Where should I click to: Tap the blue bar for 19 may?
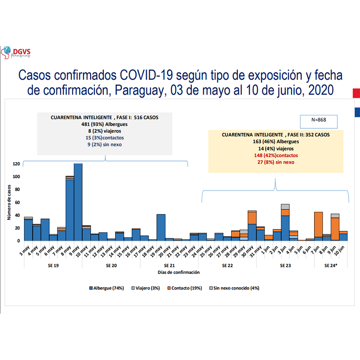(x=161, y=227)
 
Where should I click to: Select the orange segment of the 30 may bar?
(x=252, y=218)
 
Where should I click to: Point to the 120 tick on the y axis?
(x=16, y=164)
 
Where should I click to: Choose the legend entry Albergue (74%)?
(x=107, y=288)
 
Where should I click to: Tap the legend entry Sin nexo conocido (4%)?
(x=234, y=288)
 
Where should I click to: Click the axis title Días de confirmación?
(x=179, y=272)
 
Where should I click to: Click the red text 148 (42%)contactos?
(x=276, y=155)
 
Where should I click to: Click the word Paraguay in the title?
(x=131, y=90)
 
